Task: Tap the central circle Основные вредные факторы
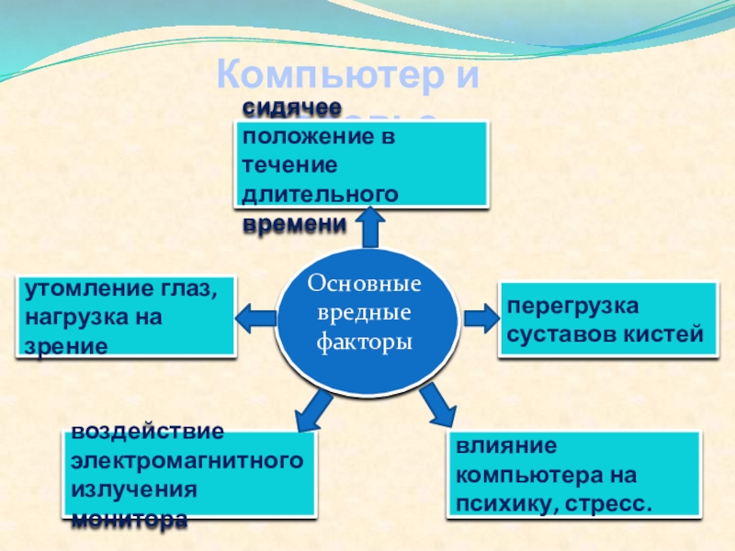(x=366, y=316)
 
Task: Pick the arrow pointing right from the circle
(x=478, y=318)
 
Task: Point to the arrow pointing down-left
(x=313, y=407)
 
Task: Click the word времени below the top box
(x=295, y=223)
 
